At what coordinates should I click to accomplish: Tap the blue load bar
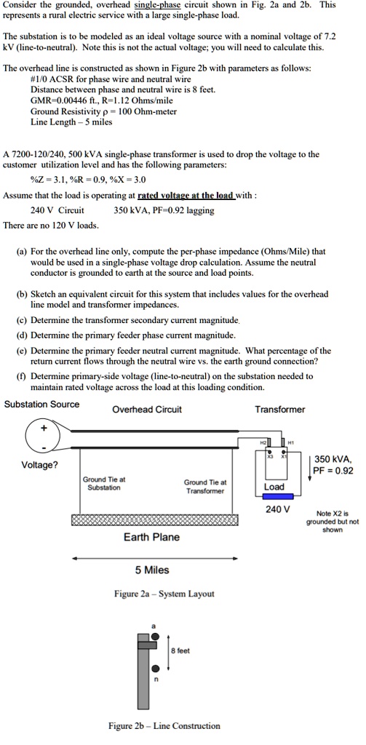click(x=275, y=498)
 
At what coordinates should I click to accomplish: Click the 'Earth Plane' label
click(x=152, y=537)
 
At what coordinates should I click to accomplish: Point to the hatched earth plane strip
click(x=154, y=521)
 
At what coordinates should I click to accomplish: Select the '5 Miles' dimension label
click(x=153, y=569)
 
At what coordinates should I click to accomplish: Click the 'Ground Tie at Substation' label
click(x=104, y=483)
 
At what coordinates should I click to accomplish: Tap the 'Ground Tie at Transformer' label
click(x=205, y=486)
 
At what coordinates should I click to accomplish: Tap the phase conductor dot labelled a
click(x=154, y=635)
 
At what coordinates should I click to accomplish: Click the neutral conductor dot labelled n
click(x=154, y=669)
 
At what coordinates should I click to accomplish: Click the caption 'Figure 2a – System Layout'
click(x=163, y=594)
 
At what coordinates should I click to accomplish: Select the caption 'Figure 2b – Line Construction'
click(x=163, y=725)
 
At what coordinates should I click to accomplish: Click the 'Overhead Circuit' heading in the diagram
click(x=146, y=409)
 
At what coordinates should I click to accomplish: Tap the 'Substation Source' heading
click(x=41, y=404)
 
